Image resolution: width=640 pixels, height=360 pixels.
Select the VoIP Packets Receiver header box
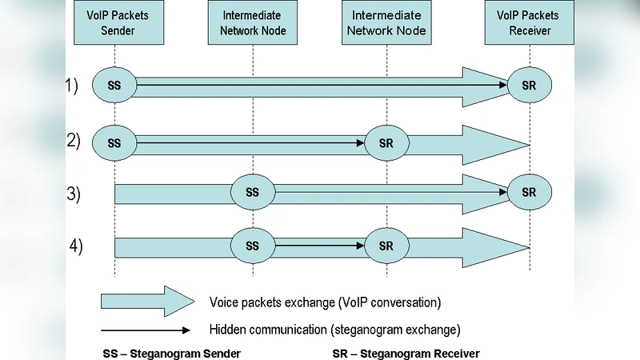[528, 22]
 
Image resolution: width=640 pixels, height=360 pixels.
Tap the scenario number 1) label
[72, 86]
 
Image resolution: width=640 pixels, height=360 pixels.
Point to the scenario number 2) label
[74, 140]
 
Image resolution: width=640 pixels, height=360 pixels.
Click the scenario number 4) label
[75, 246]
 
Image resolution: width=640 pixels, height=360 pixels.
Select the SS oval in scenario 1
[114, 84]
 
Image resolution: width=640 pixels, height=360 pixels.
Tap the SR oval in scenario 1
[529, 84]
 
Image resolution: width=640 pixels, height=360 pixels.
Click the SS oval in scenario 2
[114, 143]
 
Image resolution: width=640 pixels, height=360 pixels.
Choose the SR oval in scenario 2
[387, 143]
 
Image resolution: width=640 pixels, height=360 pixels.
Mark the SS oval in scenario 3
[253, 193]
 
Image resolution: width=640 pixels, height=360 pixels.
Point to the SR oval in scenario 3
[529, 193]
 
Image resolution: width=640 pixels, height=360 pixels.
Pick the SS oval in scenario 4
[253, 245]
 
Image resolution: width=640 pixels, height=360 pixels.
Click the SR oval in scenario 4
[387, 245]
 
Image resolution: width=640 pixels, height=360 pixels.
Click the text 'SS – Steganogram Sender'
[172, 353]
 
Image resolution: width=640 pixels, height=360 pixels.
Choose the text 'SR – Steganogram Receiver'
[406, 353]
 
